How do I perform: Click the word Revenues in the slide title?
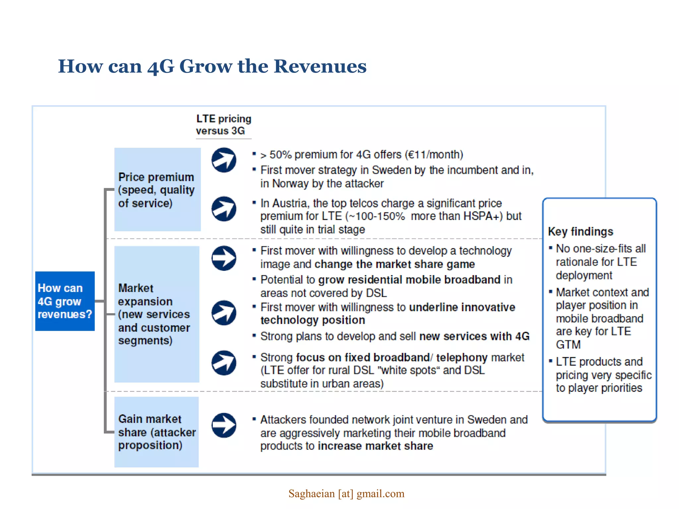[x=320, y=66]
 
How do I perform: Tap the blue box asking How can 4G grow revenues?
[x=65, y=301]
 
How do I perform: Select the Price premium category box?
[x=157, y=190]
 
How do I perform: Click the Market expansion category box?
[x=156, y=314]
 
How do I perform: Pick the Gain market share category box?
[x=156, y=432]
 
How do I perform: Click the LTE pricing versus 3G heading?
[x=223, y=125]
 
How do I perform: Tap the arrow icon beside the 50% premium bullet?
[x=224, y=160]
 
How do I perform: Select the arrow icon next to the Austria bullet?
[x=224, y=209]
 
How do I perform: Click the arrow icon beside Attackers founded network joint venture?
[x=224, y=425]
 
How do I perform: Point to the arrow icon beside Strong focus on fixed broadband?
[x=224, y=363]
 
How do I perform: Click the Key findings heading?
[x=581, y=231]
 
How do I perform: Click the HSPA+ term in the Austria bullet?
[x=481, y=216]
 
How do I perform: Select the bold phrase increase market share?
[x=375, y=446]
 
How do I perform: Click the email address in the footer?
[x=346, y=494]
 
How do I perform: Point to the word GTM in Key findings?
[x=568, y=345]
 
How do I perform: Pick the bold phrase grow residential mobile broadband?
[x=409, y=280]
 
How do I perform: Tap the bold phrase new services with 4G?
[x=474, y=336]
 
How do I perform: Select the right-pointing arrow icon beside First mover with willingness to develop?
[x=224, y=258]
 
